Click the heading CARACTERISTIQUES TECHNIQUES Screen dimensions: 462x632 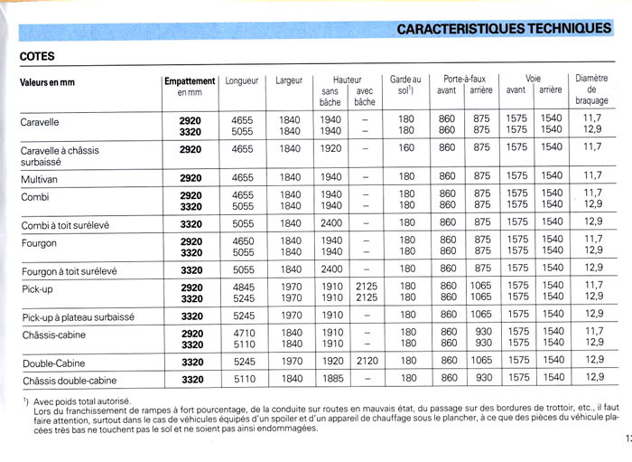(x=504, y=28)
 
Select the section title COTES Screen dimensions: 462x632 (x=37, y=56)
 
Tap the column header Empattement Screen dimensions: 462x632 (x=191, y=80)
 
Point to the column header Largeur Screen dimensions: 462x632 (x=289, y=80)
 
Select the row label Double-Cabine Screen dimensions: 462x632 (x=53, y=361)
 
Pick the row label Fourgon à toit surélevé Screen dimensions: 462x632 (x=70, y=270)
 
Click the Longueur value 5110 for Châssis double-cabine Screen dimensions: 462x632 (x=242, y=379)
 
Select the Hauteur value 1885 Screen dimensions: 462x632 (x=330, y=379)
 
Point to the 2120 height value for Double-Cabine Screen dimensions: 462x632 (x=365, y=361)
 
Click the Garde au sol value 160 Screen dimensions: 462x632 (x=406, y=147)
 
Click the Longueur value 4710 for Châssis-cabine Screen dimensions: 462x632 (x=242, y=332)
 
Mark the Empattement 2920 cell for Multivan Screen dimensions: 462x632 (x=191, y=177)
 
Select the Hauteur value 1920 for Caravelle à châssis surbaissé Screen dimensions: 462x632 (x=330, y=147)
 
